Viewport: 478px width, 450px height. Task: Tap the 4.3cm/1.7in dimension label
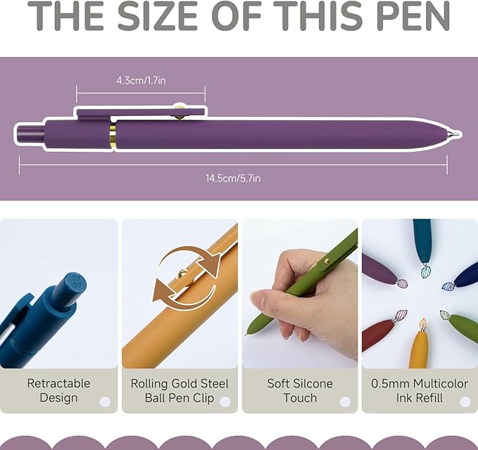pos(141,80)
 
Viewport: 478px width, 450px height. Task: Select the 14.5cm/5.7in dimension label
pos(233,178)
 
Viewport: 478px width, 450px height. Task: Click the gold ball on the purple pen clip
pos(180,110)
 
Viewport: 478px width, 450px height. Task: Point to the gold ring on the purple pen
pos(112,134)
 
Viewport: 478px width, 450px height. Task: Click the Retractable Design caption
pos(58,390)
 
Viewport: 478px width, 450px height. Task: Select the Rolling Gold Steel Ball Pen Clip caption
pos(180,390)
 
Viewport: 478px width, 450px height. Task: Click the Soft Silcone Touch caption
pos(300,390)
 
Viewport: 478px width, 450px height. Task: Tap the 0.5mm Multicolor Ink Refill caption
pos(420,390)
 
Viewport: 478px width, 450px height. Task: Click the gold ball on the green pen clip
pos(326,261)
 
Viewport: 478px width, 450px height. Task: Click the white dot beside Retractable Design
pos(105,401)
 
